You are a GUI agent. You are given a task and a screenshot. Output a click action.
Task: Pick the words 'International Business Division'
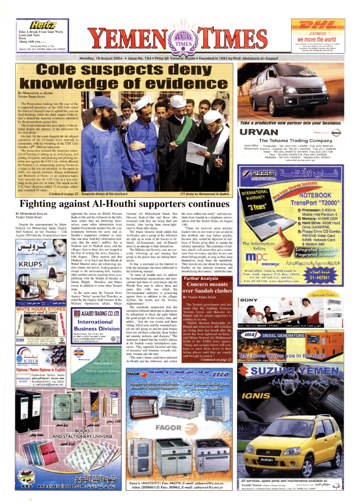(x=96, y=325)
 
